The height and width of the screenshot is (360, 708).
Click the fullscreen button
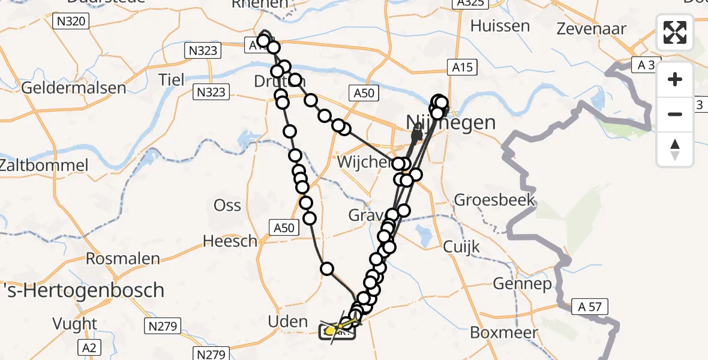click(675, 32)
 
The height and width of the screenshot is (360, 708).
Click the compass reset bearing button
click(675, 149)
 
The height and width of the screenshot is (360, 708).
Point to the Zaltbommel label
click(44, 165)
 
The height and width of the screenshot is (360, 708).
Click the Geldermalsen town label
click(74, 88)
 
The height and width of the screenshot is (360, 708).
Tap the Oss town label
click(227, 205)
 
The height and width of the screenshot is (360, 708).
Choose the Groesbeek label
click(495, 199)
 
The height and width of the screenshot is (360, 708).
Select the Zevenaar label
click(592, 28)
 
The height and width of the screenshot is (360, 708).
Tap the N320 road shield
click(70, 22)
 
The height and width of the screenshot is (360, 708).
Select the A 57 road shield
click(590, 307)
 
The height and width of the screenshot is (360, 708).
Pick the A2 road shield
click(92, 347)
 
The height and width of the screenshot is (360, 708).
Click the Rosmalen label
click(123, 259)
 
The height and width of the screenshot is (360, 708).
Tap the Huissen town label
click(500, 26)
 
